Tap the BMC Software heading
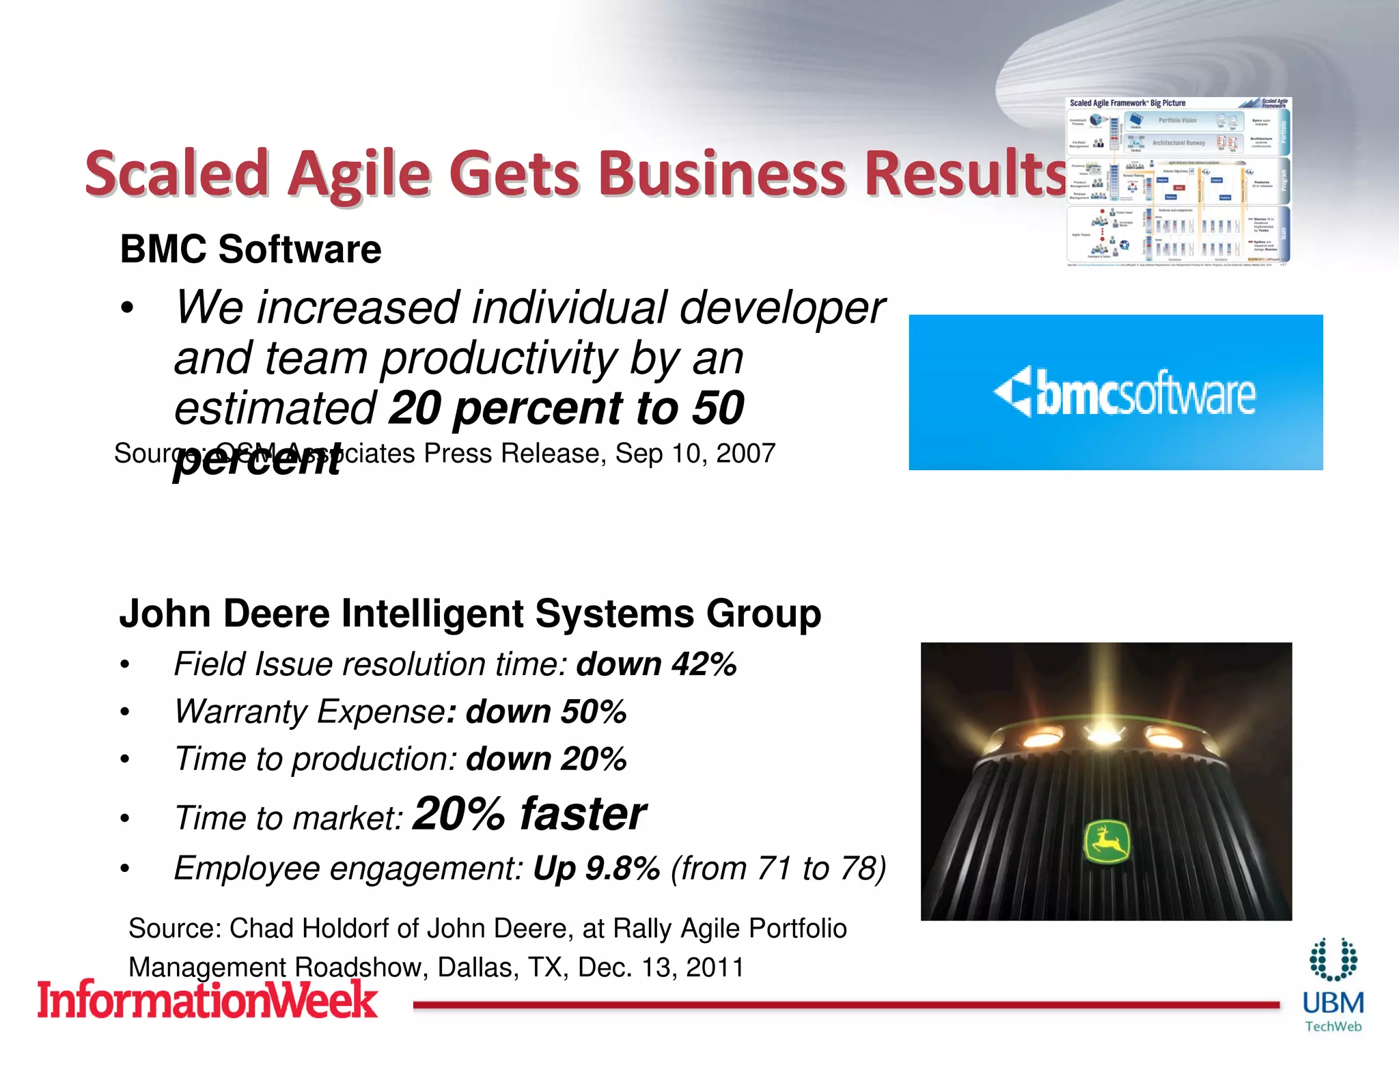pos(251,249)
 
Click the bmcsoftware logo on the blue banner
pos(1124,392)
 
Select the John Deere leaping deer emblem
pos(1107,842)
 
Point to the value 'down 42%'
pos(656,664)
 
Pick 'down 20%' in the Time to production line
pos(546,759)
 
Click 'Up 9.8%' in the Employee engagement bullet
pos(596,868)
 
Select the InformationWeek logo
pos(207,1000)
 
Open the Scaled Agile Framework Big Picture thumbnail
pos(1178,181)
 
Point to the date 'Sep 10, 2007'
pos(695,453)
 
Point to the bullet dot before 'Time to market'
pos(124,819)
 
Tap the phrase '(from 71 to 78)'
pos(778,868)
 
